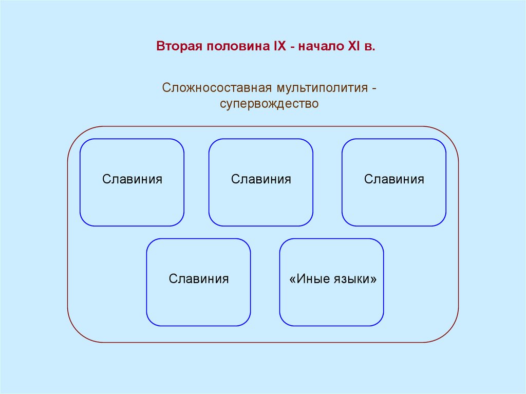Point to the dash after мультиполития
pyautogui.click(x=374, y=87)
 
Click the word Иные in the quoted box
pyautogui.click(x=311, y=279)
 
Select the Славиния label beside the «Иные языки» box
pyautogui.click(x=199, y=279)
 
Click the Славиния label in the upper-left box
pyautogui.click(x=132, y=179)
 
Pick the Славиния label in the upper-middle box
pyautogui.click(x=261, y=179)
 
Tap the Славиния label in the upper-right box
pyautogui.click(x=394, y=179)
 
